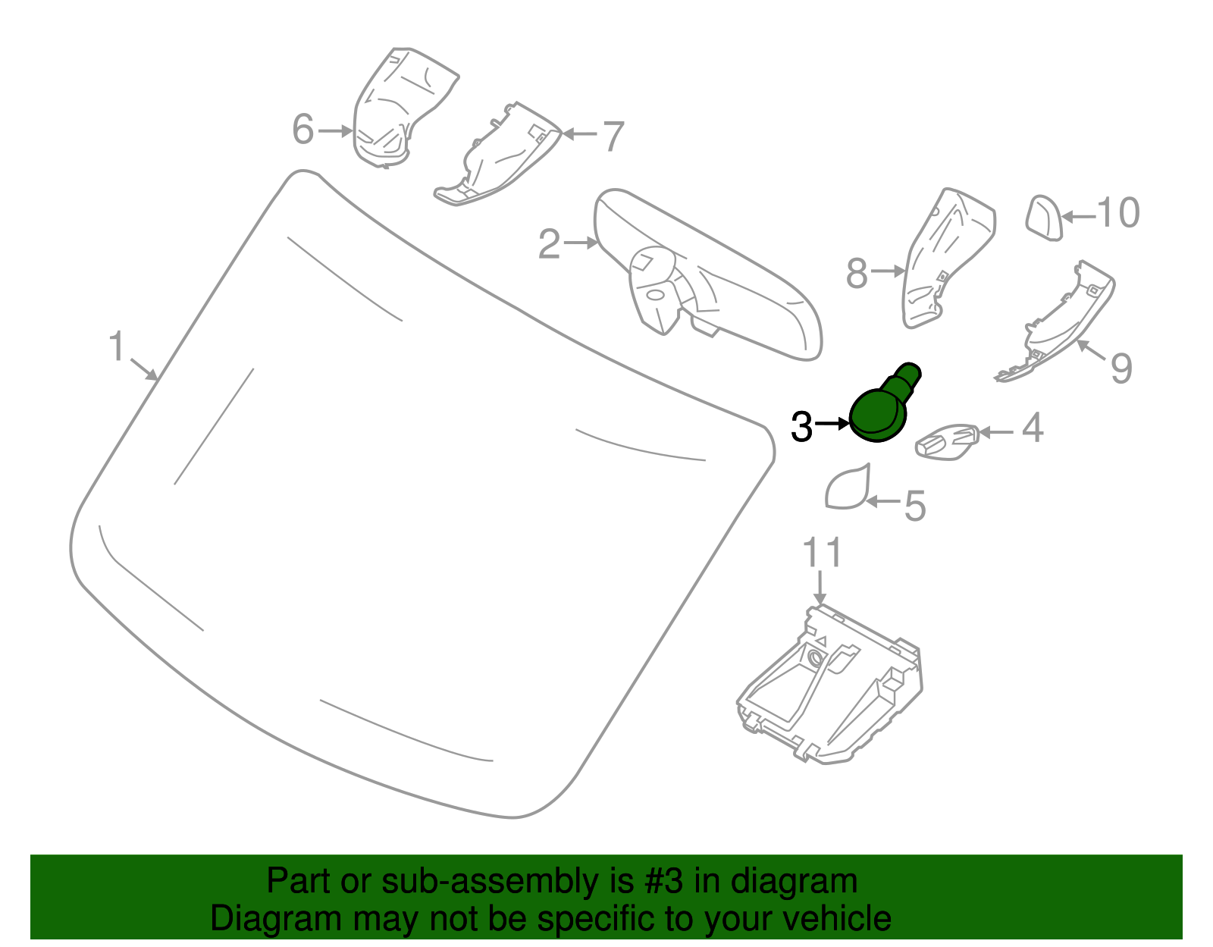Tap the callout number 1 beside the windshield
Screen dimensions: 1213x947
coord(117,346)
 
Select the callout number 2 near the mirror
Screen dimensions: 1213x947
coord(550,244)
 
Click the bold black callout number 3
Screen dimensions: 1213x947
coord(801,427)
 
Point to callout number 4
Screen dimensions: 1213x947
coord(1033,428)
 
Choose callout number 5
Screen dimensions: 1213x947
coord(915,506)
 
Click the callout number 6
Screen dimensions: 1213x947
coord(303,129)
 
